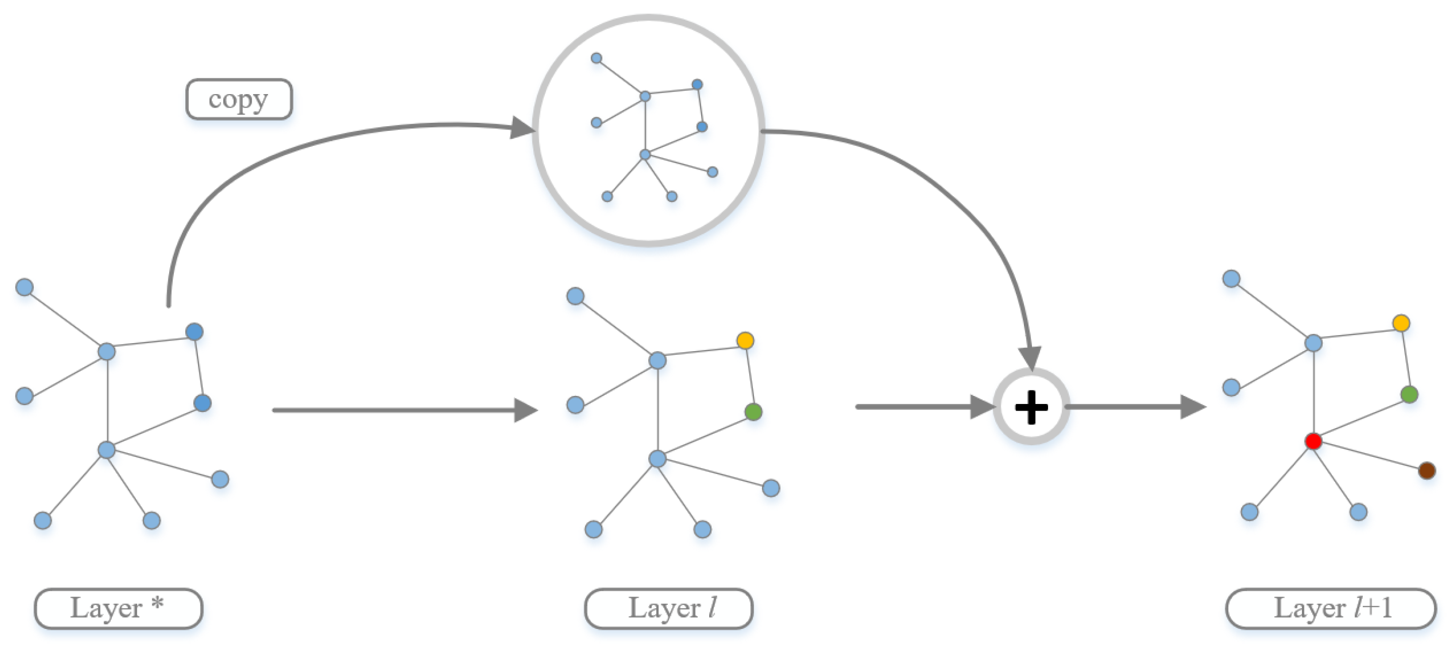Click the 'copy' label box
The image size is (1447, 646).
(x=239, y=99)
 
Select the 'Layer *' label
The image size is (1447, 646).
(x=118, y=608)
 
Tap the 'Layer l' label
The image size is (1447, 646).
(x=668, y=608)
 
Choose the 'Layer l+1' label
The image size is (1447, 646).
(x=1331, y=608)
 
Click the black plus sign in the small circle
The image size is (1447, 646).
(x=1031, y=407)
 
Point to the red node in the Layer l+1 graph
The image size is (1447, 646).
(x=1313, y=441)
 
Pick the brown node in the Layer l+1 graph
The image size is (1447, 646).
(x=1427, y=470)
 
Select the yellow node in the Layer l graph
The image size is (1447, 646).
(x=745, y=340)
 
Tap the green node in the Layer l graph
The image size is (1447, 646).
(x=753, y=412)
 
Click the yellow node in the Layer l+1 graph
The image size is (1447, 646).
(x=1401, y=322)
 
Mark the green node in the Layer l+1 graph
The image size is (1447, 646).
(x=1409, y=394)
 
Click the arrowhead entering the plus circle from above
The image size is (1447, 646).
(x=1030, y=358)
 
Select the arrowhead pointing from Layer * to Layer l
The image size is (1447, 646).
(x=525, y=410)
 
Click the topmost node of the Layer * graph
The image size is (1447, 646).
(x=24, y=287)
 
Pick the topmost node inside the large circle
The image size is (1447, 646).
(x=596, y=58)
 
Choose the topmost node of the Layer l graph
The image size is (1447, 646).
(x=575, y=296)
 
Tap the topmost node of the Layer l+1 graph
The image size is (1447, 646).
(x=1231, y=278)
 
